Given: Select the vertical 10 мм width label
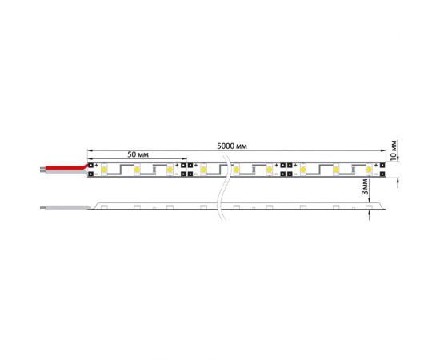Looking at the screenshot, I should (394, 149).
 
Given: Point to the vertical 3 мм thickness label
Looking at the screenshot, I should (365, 188).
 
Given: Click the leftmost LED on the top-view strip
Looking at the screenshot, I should (105, 170).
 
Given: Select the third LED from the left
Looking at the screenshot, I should (170, 170).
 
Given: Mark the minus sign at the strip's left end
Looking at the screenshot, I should (97, 174).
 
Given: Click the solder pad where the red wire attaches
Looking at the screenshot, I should (90, 166).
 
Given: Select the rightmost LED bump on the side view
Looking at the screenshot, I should (369, 208).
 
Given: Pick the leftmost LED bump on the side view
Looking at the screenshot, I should (105, 208).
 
